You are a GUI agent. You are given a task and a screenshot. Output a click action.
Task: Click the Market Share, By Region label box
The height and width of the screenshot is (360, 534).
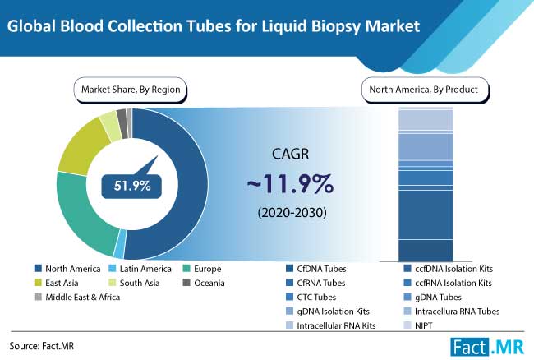pyautogui.click(x=131, y=88)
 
